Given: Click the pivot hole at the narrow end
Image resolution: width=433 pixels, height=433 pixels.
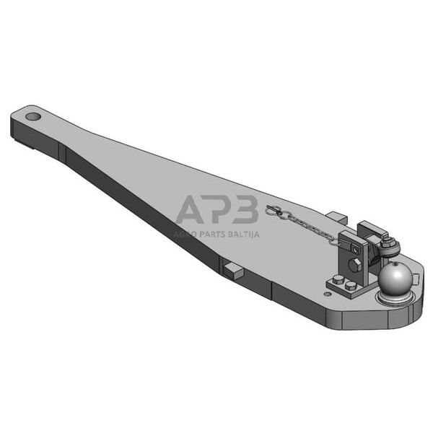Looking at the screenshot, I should tap(32, 115).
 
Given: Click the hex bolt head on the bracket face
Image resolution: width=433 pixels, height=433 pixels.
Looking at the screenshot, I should tap(355, 264).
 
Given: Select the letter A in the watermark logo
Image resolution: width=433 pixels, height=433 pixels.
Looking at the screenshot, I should tap(193, 211).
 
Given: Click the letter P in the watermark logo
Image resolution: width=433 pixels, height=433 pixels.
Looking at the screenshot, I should tap(221, 211).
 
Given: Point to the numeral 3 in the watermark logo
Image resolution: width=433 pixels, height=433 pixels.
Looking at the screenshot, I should tap(245, 211).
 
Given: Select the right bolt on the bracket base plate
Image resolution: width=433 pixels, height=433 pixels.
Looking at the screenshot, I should tap(351, 286).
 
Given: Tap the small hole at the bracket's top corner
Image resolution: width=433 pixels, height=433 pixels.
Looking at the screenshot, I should tap(353, 248).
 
